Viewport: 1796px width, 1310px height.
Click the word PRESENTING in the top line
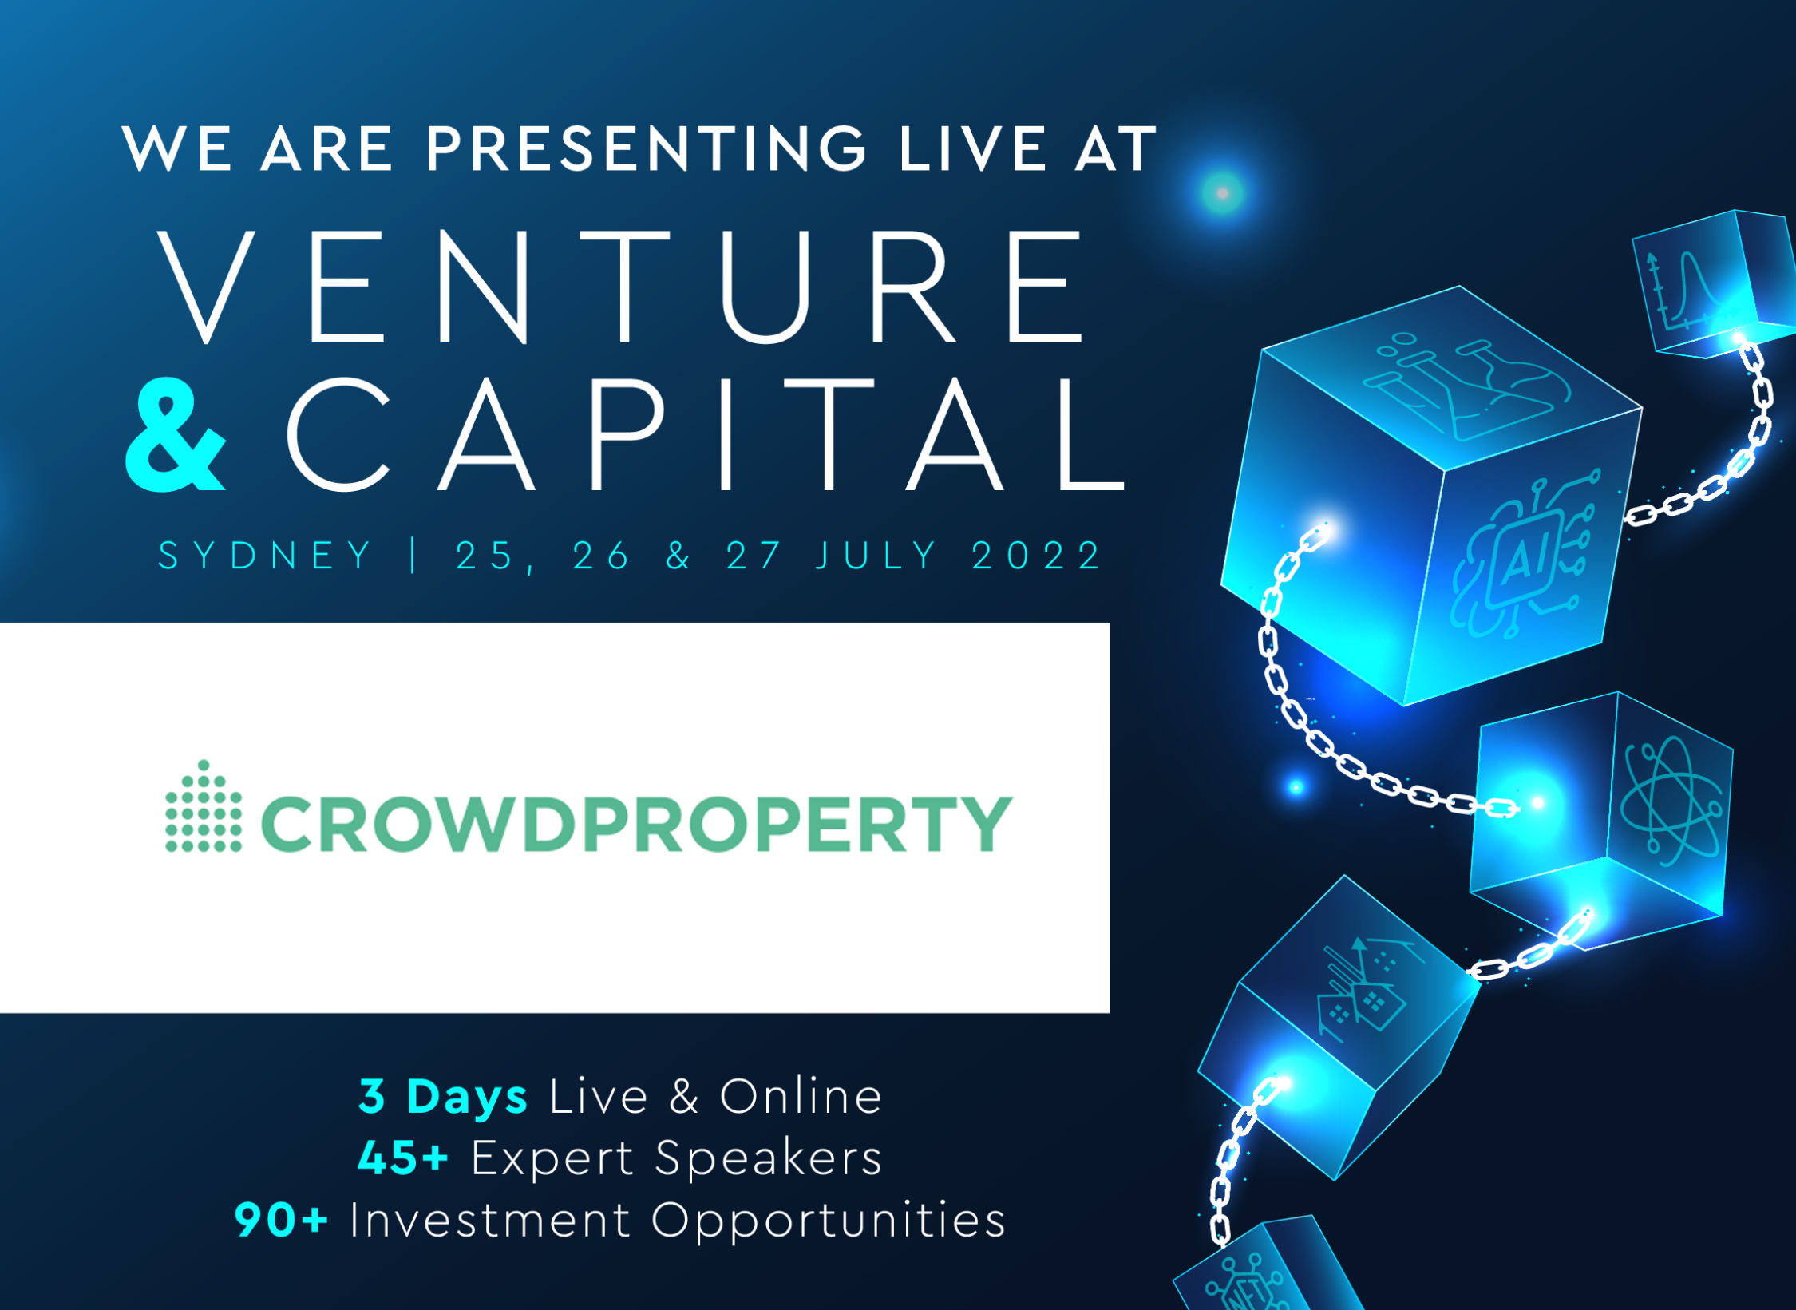[x=646, y=148]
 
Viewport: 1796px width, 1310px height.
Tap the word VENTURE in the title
[x=621, y=287]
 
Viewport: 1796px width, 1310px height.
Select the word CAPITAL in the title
[x=706, y=434]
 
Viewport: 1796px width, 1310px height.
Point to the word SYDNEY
[x=265, y=555]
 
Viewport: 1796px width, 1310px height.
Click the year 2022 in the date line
[x=1036, y=555]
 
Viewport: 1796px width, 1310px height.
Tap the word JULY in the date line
[x=876, y=555]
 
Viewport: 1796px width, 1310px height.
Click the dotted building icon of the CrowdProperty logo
[x=204, y=806]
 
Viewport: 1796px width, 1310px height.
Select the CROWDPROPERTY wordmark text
[x=637, y=824]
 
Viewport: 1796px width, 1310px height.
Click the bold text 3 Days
[x=443, y=1096]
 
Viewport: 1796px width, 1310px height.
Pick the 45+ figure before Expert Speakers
[x=403, y=1158]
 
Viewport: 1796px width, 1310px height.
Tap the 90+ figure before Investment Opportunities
[x=281, y=1220]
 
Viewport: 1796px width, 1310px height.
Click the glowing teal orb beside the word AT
[x=1222, y=192]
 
